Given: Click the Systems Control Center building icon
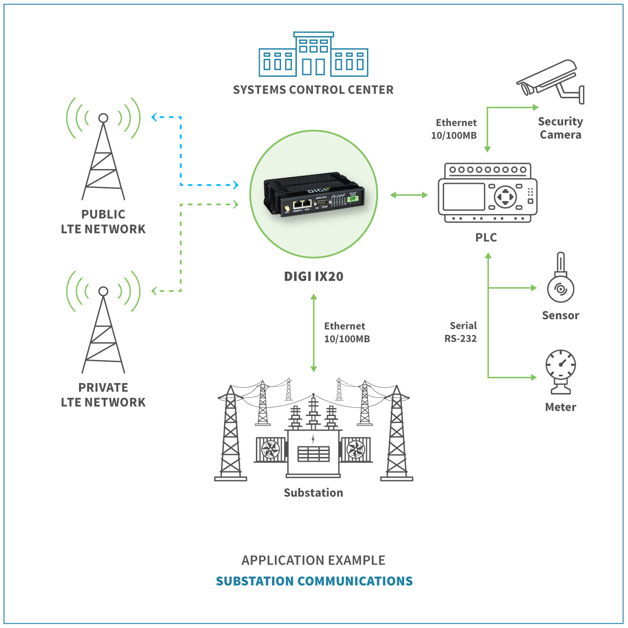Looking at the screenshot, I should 313,55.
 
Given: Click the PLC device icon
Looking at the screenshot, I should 487,193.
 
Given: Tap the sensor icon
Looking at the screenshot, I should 560,283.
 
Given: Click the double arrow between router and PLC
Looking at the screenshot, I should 409,195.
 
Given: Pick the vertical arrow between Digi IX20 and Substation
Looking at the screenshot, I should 313,333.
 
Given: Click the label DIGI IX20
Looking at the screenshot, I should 313,276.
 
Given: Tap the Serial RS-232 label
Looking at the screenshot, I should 461,332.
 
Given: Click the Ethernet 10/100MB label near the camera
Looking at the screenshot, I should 454,129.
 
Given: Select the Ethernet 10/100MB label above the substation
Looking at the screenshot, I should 346,332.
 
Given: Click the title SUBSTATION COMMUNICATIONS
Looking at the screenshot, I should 314,581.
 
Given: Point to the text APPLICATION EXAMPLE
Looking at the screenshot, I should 313,560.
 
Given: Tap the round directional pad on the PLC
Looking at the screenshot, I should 506,197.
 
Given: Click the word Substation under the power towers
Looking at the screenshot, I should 313,492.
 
